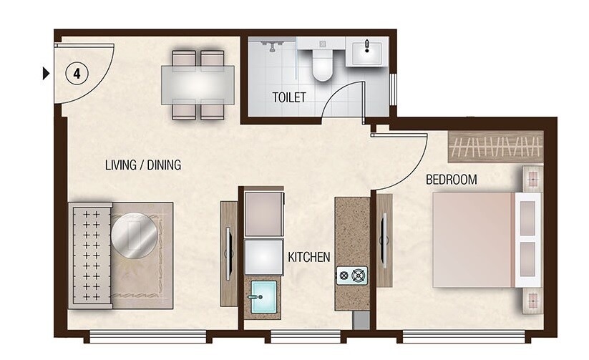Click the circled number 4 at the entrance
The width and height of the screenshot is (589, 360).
76,72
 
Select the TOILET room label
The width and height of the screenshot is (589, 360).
288,97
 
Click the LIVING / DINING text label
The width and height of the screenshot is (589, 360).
143,165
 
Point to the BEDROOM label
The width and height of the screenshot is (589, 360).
451,180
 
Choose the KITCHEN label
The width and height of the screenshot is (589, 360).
308,256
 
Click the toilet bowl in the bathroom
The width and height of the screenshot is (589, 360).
322,64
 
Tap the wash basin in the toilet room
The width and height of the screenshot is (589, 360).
367,51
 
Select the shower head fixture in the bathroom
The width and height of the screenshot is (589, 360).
271,46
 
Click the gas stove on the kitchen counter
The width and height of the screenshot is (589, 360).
352,276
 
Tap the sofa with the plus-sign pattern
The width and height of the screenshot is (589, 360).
89,254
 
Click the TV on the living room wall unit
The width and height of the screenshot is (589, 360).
228,252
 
